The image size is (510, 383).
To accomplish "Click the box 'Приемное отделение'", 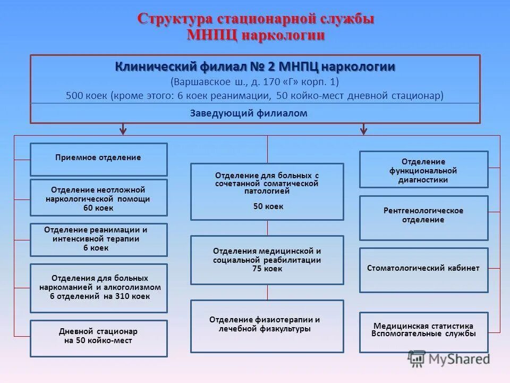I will [98, 159].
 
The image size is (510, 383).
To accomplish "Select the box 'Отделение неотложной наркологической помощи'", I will [98, 197].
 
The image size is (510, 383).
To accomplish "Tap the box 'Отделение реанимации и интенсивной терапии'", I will [98, 239].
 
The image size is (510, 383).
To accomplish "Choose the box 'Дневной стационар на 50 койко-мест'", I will [98, 338].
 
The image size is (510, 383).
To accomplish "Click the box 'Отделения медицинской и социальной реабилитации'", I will [267, 260].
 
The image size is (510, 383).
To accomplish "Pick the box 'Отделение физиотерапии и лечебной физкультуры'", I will [267, 326].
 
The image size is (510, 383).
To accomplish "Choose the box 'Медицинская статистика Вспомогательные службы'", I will [423, 332].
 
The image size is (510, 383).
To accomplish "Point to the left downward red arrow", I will [123, 129].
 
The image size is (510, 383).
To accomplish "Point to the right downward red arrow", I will [364, 129].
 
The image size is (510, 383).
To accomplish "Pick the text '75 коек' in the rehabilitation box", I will [267, 269].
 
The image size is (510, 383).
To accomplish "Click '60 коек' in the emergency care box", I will [98, 208].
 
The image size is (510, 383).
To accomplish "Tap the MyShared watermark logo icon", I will [417, 359].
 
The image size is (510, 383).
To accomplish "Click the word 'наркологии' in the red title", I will [284, 35].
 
